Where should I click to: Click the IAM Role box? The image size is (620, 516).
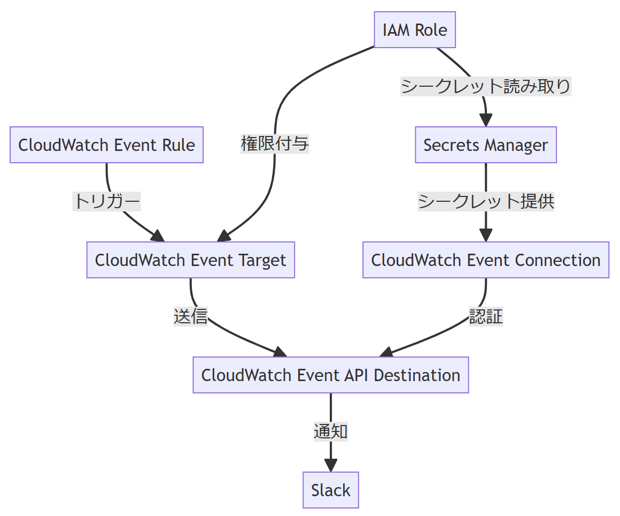(415, 29)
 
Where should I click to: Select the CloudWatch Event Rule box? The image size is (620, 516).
(107, 145)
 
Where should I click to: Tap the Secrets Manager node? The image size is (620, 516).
(486, 145)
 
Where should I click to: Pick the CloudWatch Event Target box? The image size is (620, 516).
(191, 260)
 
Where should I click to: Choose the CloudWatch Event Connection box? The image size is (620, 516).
(486, 260)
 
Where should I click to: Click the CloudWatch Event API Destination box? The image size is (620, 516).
(331, 375)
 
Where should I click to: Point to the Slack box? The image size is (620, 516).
(331, 490)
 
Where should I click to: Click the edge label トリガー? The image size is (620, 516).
(107, 201)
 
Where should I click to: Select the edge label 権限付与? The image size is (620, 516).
(275, 143)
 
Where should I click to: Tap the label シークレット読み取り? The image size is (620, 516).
(486, 86)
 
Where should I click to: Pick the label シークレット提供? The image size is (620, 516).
(486, 201)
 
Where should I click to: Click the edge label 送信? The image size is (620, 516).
(191, 316)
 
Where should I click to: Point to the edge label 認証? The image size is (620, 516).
(486, 316)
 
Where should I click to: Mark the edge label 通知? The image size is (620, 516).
(331, 431)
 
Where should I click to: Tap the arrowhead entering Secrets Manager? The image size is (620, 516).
(486, 120)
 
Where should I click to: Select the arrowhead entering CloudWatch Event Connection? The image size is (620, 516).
(486, 236)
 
